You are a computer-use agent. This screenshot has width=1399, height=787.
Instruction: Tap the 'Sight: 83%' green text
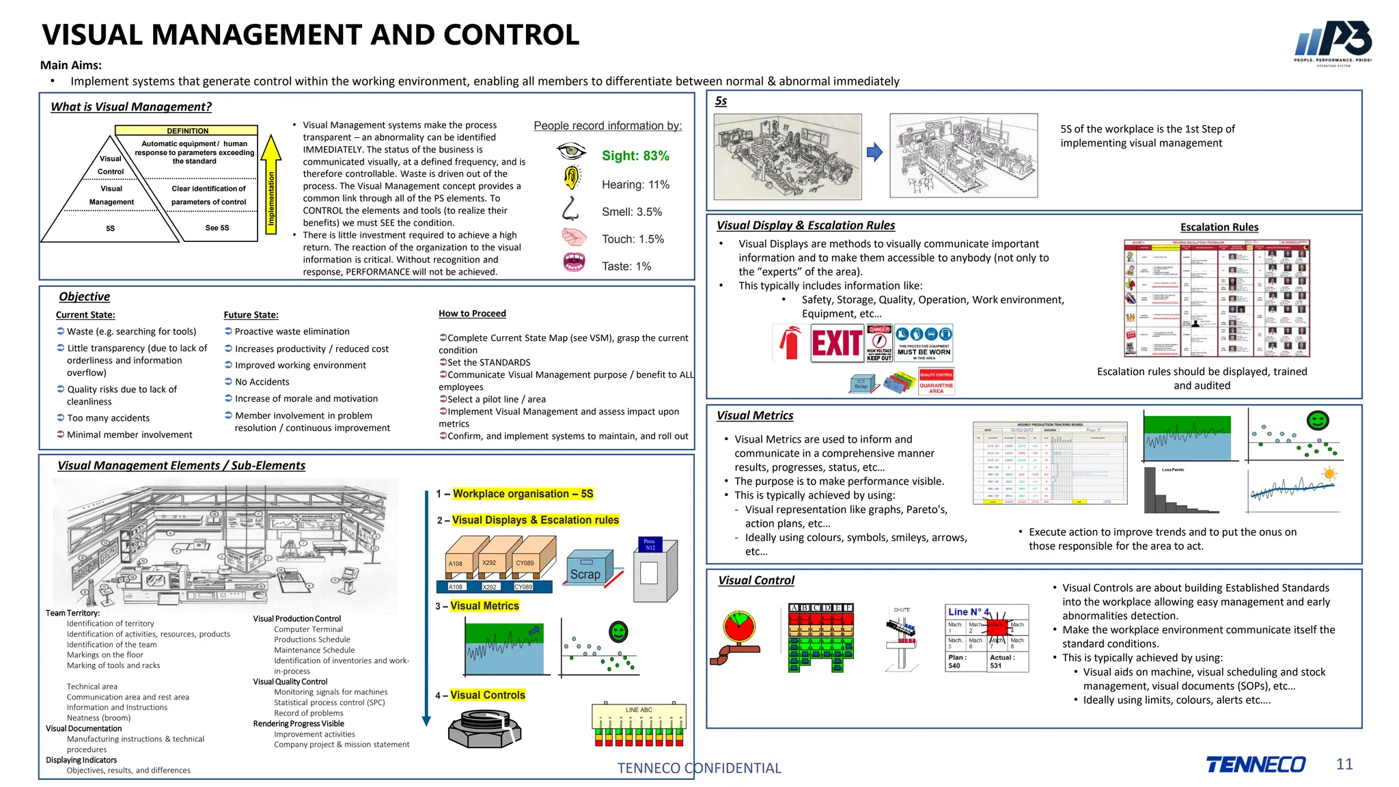[x=635, y=156]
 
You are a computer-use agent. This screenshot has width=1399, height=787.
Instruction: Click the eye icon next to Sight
[x=571, y=150]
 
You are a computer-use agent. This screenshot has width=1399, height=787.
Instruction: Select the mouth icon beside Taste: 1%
[x=574, y=262]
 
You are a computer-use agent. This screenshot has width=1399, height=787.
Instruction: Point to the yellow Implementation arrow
[x=271, y=184]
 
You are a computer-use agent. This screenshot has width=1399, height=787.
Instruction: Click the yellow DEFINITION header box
[x=186, y=130]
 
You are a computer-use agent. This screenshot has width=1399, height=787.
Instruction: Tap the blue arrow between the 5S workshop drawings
[x=874, y=152]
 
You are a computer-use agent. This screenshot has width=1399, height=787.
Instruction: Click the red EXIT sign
[x=837, y=343]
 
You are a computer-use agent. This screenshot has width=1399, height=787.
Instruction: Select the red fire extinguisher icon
[x=790, y=342]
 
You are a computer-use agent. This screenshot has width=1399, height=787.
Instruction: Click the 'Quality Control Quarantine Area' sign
[x=936, y=382]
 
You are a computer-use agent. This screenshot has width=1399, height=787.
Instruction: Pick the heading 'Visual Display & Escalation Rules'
[x=805, y=225]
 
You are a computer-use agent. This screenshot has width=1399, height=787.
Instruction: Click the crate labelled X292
[x=493, y=561]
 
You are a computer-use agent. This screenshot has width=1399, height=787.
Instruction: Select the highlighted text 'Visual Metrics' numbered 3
[x=484, y=606]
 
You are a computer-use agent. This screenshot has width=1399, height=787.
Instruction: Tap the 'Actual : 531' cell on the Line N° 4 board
[x=1006, y=661]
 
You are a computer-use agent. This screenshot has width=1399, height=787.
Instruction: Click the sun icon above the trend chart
[x=1329, y=473]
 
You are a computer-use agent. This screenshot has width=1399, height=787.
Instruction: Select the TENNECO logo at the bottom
[x=1256, y=764]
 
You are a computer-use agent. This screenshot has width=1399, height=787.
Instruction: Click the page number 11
[x=1344, y=764]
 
